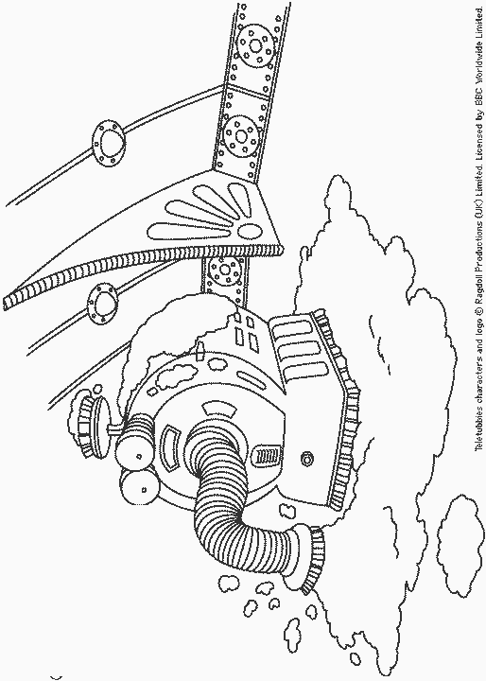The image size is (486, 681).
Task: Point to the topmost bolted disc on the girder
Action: (x=256, y=45)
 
